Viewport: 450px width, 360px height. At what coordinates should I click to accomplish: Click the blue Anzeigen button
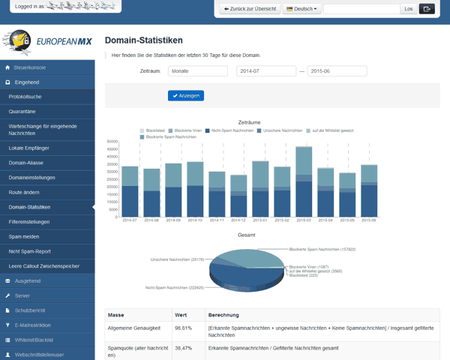tap(186, 95)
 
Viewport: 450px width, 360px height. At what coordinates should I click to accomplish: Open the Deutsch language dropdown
tap(302, 9)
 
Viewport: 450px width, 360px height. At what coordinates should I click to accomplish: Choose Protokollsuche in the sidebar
tap(25, 96)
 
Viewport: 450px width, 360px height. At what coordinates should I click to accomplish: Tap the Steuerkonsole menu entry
tap(30, 67)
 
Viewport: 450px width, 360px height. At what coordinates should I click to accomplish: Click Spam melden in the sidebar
tap(25, 236)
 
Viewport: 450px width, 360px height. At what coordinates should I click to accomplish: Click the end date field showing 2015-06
tap(337, 71)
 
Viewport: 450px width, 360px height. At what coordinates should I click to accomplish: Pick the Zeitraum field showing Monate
tap(197, 71)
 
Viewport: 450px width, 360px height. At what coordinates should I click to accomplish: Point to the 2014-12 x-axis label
tap(238, 221)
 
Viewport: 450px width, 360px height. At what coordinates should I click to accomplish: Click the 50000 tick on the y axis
tap(112, 141)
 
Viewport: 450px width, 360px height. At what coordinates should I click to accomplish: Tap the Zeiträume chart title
tap(249, 121)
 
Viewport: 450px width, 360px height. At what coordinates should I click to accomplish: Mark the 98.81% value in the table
tap(184, 328)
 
